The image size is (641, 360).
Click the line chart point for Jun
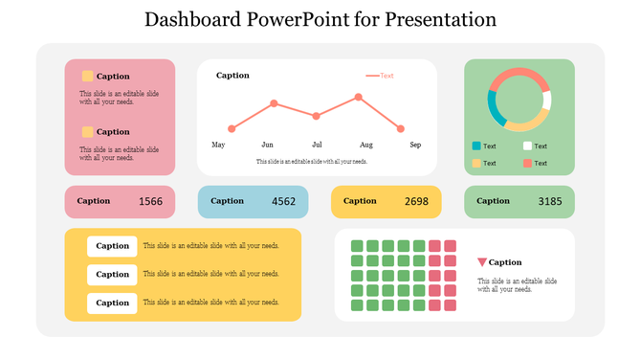[274, 103]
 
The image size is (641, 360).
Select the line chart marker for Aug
[359, 97]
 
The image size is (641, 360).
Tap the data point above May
[232, 128]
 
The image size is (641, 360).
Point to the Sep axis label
[415, 145]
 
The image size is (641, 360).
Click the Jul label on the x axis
[317, 145]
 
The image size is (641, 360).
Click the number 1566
[150, 202]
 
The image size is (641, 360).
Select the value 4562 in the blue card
[284, 202]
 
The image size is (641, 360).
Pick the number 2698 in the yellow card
[416, 202]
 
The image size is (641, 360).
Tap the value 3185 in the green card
[550, 202]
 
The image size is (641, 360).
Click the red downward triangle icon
[482, 262]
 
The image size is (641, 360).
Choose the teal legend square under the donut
[476, 146]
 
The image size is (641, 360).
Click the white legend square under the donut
[527, 146]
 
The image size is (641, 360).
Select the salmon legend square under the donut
[527, 164]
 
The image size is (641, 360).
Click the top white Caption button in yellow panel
[112, 246]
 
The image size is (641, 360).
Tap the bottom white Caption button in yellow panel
[112, 304]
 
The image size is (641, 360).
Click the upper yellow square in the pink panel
[88, 76]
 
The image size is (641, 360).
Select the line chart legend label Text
[387, 76]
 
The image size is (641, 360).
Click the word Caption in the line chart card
[232, 75]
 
